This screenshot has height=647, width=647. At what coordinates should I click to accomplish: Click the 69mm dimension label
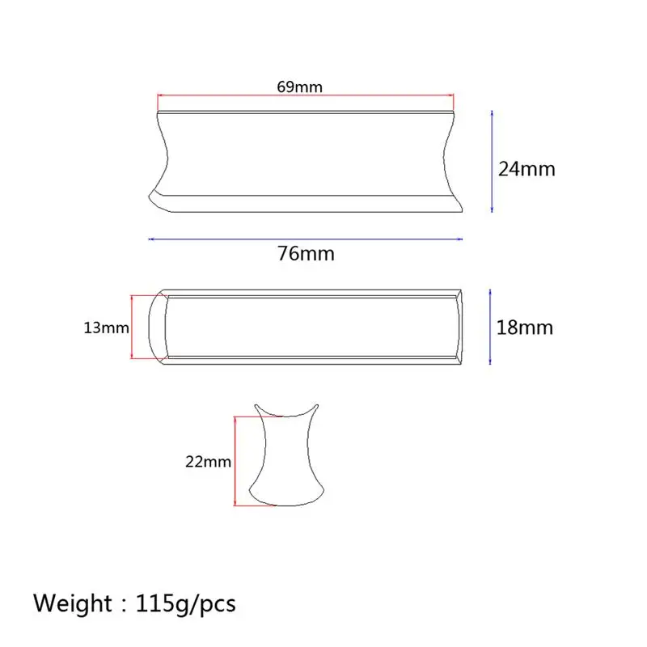[x=299, y=87]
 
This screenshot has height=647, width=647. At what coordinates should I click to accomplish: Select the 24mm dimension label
[x=526, y=169]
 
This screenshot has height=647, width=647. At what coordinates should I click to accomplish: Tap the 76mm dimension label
[x=306, y=253]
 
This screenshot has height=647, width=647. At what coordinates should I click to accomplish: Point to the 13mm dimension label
[x=107, y=328]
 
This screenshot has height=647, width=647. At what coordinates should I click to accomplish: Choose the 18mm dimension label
[x=524, y=328]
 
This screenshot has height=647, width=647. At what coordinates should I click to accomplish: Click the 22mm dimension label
[x=208, y=461]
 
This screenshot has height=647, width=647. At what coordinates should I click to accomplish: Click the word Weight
[x=72, y=603]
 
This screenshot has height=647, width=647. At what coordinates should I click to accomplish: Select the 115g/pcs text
[x=186, y=604]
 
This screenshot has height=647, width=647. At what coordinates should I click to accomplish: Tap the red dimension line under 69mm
[x=306, y=95]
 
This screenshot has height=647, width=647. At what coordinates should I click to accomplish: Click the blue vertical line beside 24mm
[x=492, y=161]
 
